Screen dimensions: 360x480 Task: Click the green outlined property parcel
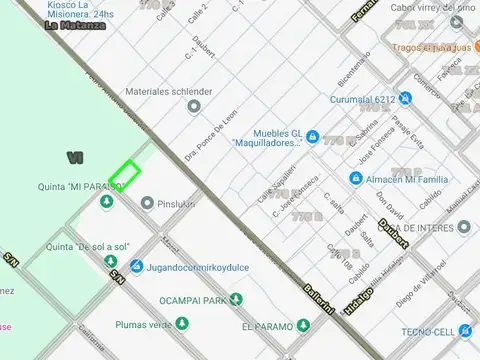tap(124, 176)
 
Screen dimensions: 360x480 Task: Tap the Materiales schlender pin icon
tap(194, 105)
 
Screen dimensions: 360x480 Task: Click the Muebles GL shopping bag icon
tap(313, 136)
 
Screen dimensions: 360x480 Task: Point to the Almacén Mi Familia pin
tap(356, 178)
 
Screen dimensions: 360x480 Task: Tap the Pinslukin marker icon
tap(147, 203)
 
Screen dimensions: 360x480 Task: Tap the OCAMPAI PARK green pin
tap(236, 299)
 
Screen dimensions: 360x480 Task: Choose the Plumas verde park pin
tap(182, 323)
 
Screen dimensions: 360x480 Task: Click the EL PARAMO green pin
tap(301, 326)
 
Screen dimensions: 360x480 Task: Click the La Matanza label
tap(76, 25)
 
